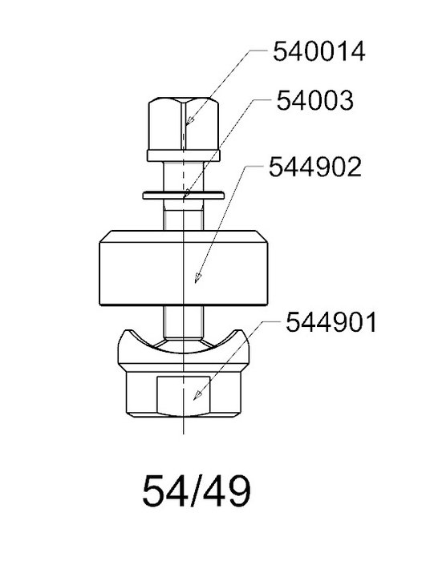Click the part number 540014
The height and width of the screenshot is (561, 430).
coord(319,51)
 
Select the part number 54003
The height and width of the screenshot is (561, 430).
coord(315,100)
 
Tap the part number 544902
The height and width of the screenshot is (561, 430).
coord(315,167)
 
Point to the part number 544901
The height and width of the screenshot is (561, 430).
coord(331,322)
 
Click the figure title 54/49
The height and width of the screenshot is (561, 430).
coord(197,490)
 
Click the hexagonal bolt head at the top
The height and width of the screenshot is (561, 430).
coord(184,123)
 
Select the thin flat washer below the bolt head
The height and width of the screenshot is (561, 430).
coord(184,196)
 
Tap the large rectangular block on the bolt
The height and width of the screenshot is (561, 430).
coord(184,268)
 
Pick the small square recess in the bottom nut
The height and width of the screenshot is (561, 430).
coord(184,395)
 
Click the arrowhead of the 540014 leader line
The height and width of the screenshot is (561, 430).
coord(190,120)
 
